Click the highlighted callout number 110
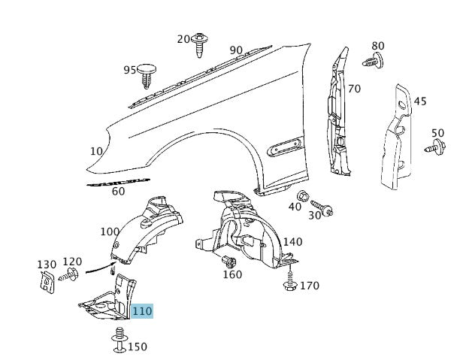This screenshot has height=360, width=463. click(142, 311)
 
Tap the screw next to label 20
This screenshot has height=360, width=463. click(200, 45)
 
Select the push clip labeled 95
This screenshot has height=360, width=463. click(147, 75)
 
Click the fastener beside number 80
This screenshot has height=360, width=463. click(373, 61)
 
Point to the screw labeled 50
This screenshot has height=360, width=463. click(435, 147)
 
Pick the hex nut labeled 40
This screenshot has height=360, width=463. click(303, 196)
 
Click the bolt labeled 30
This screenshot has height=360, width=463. click(322, 208)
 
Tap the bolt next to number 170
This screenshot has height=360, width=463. click(289, 279)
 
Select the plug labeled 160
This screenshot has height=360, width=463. click(229, 261)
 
